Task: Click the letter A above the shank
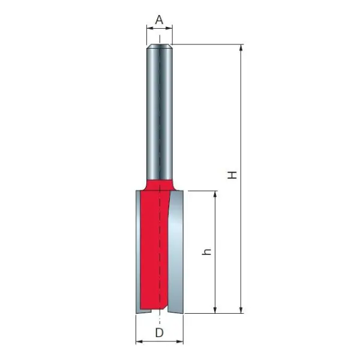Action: (x=160, y=19)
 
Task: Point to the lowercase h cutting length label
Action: (x=208, y=253)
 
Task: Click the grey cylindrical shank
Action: (x=160, y=114)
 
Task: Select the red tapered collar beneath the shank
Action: (x=160, y=181)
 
